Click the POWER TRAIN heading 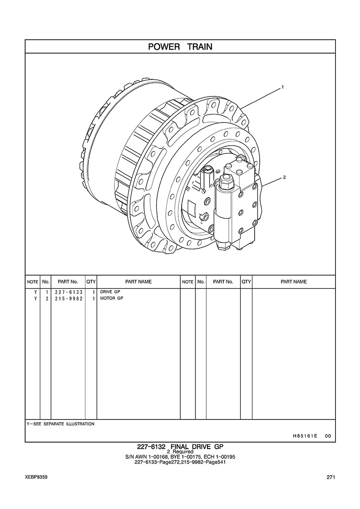[x=180, y=46]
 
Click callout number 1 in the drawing [x=283, y=87]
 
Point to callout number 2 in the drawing [x=284, y=177]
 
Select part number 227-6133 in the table [x=69, y=292]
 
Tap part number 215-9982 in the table [x=69, y=299]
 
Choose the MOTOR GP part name [x=111, y=299]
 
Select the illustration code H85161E [x=305, y=436]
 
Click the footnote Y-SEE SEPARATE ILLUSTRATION [x=60, y=424]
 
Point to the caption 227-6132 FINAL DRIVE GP [x=180, y=446]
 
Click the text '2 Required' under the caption [x=180, y=452]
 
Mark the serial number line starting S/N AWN [x=180, y=457]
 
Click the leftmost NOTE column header [x=33, y=282]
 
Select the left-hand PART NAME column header [x=138, y=282]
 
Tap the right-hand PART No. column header [x=223, y=282]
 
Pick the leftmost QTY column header [x=91, y=282]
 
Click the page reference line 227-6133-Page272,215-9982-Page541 [x=180, y=462]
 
